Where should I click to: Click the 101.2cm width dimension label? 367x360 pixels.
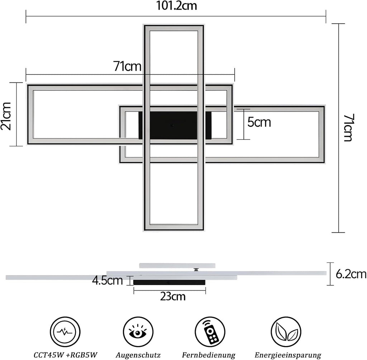(176, 6)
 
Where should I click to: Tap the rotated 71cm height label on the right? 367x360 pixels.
(348, 128)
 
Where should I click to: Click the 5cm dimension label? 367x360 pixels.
(259, 122)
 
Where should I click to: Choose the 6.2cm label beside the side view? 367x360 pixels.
(351, 274)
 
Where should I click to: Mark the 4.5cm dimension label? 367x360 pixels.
(108, 280)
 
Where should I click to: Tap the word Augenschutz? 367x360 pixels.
(138, 355)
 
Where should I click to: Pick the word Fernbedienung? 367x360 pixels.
(209, 355)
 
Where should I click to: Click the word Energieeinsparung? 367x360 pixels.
(288, 355)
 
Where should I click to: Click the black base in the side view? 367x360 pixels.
(169, 283)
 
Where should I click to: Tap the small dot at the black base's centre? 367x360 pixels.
(172, 125)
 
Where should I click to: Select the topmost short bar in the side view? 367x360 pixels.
(177, 266)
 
